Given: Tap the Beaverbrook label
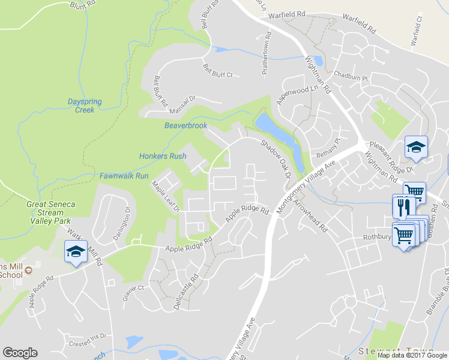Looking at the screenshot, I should click(185, 126).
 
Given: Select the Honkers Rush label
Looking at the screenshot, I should click(163, 156).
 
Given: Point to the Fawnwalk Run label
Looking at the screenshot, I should click(124, 176).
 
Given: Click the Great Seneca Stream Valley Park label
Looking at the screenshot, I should click(50, 212).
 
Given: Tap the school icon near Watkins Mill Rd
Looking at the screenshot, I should click(76, 251).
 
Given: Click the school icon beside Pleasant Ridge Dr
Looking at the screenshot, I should click(415, 147).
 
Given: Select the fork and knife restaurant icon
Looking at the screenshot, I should click(401, 206).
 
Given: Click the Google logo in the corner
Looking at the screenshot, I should click(20, 353).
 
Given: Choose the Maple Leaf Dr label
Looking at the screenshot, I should click(166, 197).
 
